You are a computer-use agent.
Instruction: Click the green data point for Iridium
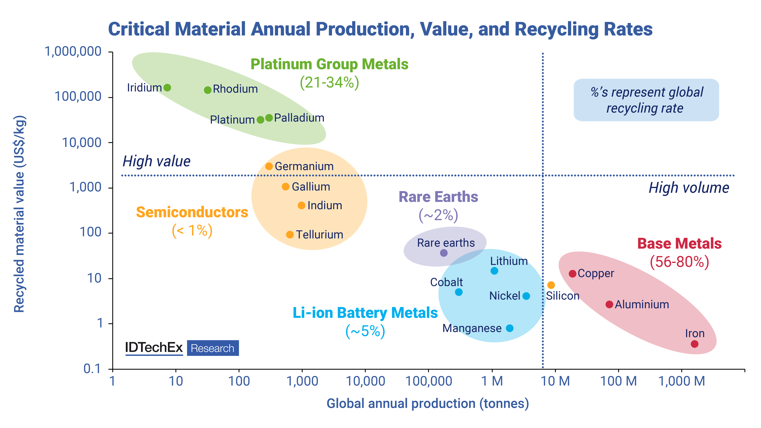(167, 88)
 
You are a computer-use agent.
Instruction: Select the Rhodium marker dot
(208, 90)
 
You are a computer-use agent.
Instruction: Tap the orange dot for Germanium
(269, 166)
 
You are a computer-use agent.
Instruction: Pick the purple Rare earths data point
(444, 253)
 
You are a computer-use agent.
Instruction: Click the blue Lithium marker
(494, 271)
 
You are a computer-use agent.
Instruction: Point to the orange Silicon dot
(551, 285)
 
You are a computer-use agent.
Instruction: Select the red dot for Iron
(694, 344)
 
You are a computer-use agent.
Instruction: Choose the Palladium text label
(299, 118)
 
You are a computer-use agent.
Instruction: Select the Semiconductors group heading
(192, 212)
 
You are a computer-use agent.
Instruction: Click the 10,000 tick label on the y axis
(82, 143)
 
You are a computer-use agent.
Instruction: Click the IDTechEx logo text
(154, 348)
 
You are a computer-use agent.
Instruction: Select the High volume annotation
(689, 188)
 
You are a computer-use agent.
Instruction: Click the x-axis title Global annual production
(428, 404)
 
